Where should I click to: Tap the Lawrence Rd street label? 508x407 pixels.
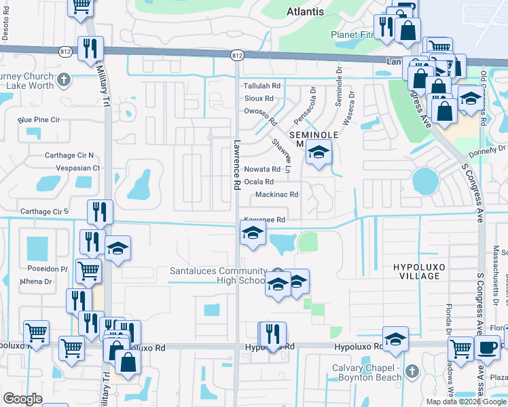tap(237, 165)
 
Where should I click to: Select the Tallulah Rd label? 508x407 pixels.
tap(262, 86)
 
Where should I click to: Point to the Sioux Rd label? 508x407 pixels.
tap(259, 98)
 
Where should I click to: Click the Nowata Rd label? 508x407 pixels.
tap(262, 169)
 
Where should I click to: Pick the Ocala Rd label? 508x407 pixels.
tap(259, 182)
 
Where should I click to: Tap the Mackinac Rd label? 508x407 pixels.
tap(276, 195)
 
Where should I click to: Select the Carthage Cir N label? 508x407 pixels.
tap(69, 155)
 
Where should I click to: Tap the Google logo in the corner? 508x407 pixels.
tap(22, 399)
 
